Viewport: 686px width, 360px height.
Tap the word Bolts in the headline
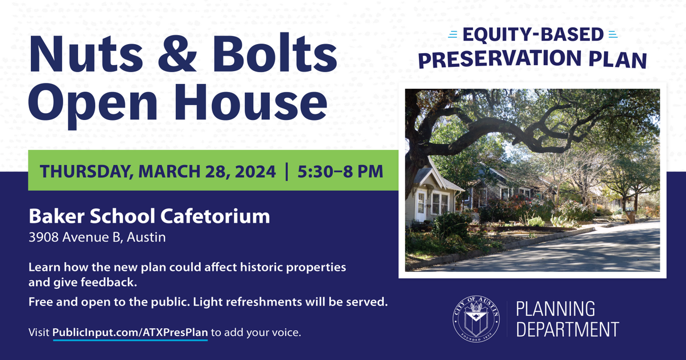click(275, 53)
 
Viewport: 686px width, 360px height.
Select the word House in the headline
click(251, 102)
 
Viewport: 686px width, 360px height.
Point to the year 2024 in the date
click(255, 172)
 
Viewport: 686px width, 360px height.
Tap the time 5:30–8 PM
click(340, 172)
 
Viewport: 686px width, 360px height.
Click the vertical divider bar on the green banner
click(287, 172)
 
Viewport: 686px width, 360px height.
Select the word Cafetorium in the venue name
click(215, 216)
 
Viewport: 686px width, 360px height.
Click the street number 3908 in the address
click(44, 237)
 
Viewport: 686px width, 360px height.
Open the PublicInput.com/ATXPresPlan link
click(130, 333)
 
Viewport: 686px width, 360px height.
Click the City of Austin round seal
click(476, 319)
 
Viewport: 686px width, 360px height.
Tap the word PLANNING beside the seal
click(555, 309)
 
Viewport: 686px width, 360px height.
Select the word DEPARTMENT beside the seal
click(568, 330)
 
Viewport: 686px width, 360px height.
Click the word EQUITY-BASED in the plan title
click(533, 35)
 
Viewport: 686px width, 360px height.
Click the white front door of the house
click(421, 205)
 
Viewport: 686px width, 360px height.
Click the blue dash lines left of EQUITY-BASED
click(452, 35)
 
